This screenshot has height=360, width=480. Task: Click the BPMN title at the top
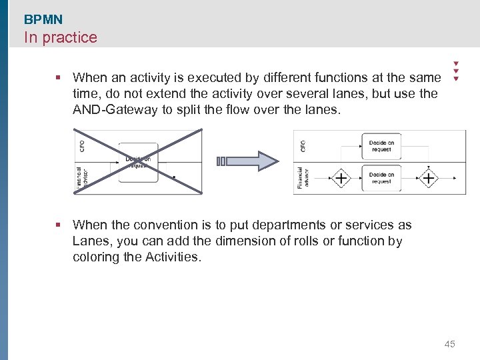pos(43,20)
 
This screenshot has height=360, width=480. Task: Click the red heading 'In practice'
pos(61,37)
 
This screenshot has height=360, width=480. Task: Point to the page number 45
pos(449,344)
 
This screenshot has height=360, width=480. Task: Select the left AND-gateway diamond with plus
pos(341,179)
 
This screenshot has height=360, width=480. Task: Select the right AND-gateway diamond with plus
pos(427,179)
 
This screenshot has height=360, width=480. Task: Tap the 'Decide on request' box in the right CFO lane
pos(381,146)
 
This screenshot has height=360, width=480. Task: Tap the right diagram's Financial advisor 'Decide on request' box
pos(381,178)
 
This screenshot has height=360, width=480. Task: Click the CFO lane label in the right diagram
pos(303,145)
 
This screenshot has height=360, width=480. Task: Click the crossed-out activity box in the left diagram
pos(138,163)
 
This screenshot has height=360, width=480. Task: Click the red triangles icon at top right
pos(456,70)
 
